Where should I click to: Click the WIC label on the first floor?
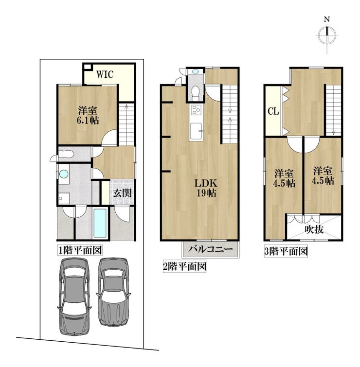coord(105,74)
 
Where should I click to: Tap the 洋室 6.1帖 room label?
coord(88,115)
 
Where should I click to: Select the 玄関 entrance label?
coord(123,193)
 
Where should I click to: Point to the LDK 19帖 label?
coord(206,188)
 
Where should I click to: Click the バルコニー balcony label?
coord(211,249)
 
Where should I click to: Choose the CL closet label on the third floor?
coord(273,111)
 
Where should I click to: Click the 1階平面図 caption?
coord(80,250)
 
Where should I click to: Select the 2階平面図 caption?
coord(184,266)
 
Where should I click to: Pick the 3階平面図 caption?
coord(286,252)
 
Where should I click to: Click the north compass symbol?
coord(327,35)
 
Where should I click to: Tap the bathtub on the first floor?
coord(100,223)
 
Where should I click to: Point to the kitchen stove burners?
coord(196,110)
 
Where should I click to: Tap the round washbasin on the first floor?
coord(64,174)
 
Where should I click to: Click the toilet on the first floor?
coord(66,154)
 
